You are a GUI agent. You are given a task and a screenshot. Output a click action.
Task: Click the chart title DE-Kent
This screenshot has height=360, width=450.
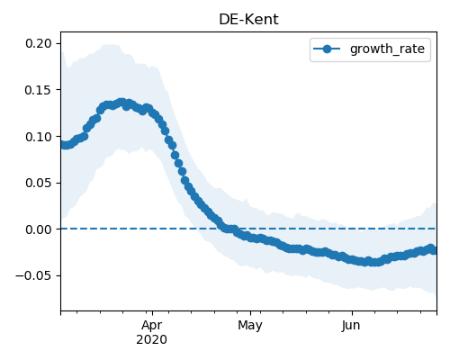(x=248, y=20)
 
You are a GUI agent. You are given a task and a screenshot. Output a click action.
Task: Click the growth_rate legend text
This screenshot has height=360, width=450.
(x=387, y=49)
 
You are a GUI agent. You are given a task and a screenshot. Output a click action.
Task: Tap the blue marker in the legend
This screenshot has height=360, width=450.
(x=327, y=49)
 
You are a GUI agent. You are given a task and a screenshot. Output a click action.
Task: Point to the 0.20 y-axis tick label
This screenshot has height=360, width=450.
(x=39, y=43)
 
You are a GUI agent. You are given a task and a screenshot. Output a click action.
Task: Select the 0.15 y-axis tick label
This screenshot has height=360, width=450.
(x=39, y=90)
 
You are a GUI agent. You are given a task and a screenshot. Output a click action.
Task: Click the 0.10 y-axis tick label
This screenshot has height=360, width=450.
(x=39, y=137)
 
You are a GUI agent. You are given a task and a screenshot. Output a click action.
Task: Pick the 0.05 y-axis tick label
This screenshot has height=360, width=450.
(x=39, y=183)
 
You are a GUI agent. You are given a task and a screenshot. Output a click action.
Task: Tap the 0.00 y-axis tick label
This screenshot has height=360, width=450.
(x=39, y=229)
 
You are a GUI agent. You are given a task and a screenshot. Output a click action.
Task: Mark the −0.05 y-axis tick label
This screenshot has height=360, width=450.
(x=33, y=275)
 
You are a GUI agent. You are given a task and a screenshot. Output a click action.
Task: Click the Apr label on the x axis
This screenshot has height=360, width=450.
(x=152, y=326)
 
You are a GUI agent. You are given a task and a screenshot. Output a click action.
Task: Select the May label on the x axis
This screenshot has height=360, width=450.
(x=250, y=326)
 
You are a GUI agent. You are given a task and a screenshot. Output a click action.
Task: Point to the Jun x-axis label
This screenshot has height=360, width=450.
(x=351, y=326)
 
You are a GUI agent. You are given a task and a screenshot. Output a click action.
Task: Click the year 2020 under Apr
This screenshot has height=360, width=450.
(x=151, y=340)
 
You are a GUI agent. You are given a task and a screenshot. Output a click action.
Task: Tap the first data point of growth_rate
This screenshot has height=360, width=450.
(x=62, y=145)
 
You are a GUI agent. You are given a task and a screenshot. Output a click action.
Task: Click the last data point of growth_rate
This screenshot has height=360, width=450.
(x=434, y=250)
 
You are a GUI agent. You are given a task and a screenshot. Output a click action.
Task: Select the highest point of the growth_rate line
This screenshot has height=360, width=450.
(x=121, y=103)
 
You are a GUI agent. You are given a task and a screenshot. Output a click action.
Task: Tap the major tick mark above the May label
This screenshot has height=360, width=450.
(x=250, y=313)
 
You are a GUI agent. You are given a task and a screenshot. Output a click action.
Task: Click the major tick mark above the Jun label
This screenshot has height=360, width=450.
(x=352, y=313)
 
